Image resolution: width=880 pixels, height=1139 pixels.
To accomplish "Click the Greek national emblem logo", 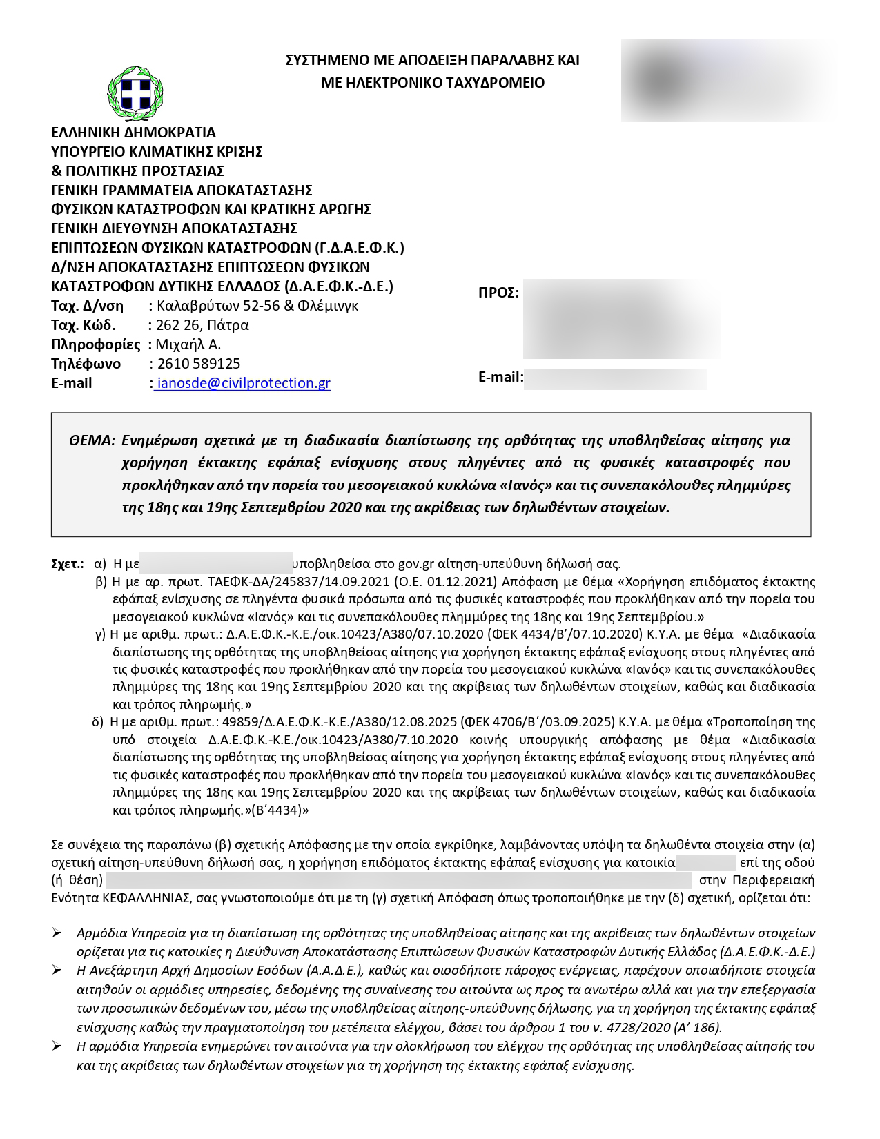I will [135, 93].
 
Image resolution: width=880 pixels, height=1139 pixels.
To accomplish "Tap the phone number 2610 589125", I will [199, 364].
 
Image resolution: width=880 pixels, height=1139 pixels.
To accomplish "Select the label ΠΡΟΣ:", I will [498, 293].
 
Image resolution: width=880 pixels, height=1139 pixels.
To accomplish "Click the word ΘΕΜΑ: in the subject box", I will [92, 440].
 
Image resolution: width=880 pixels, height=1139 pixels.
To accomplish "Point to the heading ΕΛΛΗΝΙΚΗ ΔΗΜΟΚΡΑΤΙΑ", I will [133, 133].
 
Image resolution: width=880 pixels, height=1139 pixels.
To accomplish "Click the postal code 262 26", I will [177, 325].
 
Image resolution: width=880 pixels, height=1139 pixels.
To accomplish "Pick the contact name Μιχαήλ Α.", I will [188, 344].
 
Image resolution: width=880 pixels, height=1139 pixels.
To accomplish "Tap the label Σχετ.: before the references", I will [68, 564].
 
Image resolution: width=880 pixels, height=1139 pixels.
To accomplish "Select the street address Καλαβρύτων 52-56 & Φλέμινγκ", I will [257, 306].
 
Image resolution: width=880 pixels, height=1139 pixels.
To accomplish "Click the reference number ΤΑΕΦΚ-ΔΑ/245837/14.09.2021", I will [297, 582].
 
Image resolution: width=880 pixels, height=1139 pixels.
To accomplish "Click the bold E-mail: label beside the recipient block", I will [500, 377].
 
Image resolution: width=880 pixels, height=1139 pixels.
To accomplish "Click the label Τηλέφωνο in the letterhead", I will [86, 364].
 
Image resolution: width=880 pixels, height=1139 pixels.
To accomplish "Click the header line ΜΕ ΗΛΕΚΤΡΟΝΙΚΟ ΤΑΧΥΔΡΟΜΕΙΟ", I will [433, 83].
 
